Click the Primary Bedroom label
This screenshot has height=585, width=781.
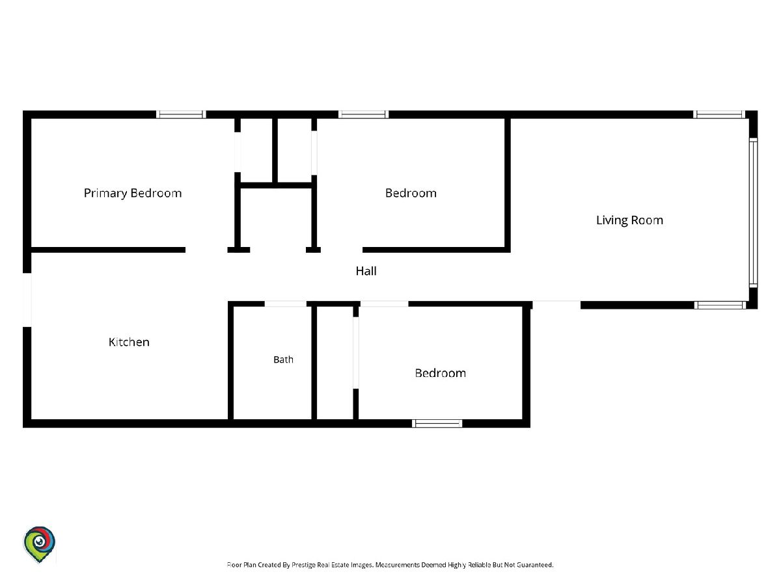tap(133, 194)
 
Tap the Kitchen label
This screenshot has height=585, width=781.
tap(129, 342)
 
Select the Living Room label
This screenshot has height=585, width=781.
tap(629, 220)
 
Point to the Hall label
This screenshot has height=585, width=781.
tap(366, 271)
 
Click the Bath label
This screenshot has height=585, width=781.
tap(283, 360)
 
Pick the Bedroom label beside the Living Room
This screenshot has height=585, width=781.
tap(411, 193)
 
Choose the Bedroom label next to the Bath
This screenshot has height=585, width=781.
tap(441, 373)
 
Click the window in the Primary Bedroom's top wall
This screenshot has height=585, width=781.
tap(181, 114)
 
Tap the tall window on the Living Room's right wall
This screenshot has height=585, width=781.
tap(753, 213)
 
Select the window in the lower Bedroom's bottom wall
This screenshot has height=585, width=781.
tap(437, 423)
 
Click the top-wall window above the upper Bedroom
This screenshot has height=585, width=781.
tap(363, 114)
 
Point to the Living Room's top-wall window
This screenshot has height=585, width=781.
tap(719, 114)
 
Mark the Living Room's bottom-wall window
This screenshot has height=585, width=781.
tap(720, 305)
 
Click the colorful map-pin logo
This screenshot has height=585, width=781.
tap(39, 544)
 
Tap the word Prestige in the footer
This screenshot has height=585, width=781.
tap(304, 565)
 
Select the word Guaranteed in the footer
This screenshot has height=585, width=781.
tap(535, 565)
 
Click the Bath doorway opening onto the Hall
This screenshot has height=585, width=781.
tap(285, 304)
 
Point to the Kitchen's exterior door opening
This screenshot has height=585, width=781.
tap(27, 300)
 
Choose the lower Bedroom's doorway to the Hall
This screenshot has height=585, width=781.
tap(384, 304)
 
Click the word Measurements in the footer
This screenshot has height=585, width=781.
tap(398, 565)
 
